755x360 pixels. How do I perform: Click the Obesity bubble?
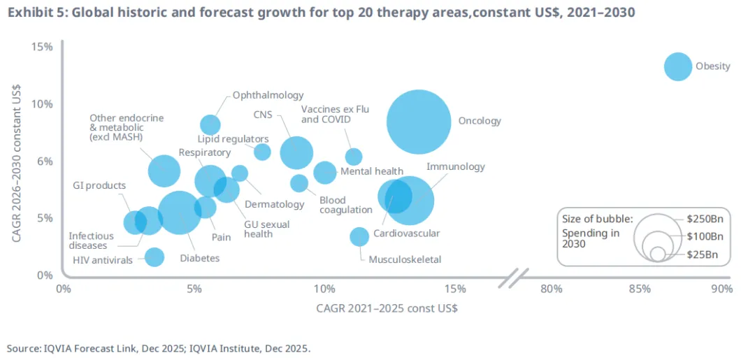pyautogui.click(x=677, y=66)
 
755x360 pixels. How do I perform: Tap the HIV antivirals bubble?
pyautogui.click(x=154, y=257)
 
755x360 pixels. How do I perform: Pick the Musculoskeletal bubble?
pyautogui.click(x=359, y=236)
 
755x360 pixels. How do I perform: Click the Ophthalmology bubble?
pyautogui.click(x=210, y=125)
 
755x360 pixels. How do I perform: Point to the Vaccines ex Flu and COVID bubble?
pyautogui.click(x=354, y=157)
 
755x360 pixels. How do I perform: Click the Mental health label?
pyautogui.click(x=371, y=171)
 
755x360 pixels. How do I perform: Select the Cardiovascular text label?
pyautogui.click(x=406, y=233)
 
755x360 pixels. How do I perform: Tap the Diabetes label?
pyautogui.click(x=199, y=258)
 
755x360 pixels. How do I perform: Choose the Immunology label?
pyautogui.click(x=455, y=167)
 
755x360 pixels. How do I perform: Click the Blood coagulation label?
pyautogui.click(x=345, y=205)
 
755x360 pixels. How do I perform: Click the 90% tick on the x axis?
pyautogui.click(x=721, y=289)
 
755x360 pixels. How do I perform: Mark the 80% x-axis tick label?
pyautogui.click(x=552, y=289)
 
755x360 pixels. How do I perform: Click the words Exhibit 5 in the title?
pyautogui.click(x=33, y=12)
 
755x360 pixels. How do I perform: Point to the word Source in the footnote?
pyautogui.click(x=22, y=347)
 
